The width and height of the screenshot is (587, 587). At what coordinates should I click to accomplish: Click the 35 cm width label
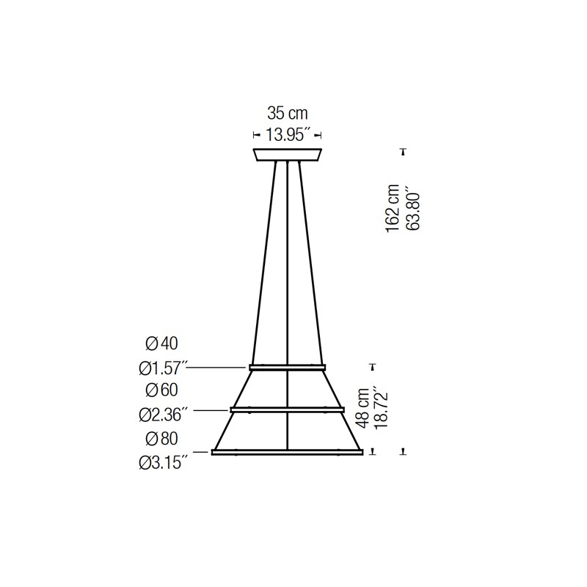click(x=288, y=113)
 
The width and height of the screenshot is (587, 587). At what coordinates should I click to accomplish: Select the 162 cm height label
click(x=393, y=208)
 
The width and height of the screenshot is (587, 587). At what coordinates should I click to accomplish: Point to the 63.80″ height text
click(x=413, y=211)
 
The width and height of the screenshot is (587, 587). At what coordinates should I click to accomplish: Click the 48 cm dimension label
click(x=362, y=408)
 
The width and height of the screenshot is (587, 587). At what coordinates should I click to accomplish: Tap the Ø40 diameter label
click(x=161, y=343)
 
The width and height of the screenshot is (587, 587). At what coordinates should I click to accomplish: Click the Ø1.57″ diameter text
click(x=162, y=368)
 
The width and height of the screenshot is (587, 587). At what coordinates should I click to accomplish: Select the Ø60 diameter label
click(x=161, y=390)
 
